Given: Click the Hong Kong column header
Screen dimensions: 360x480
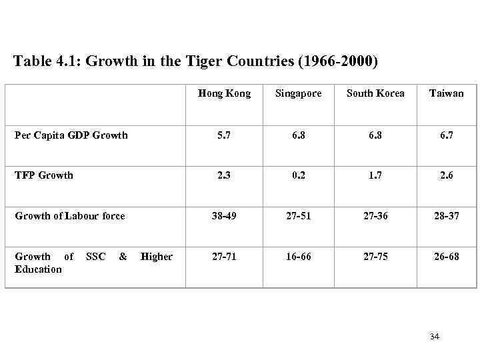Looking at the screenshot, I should point(224,93).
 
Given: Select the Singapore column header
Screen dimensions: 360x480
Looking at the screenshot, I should point(297,93).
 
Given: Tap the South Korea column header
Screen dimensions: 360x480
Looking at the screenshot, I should point(375,93).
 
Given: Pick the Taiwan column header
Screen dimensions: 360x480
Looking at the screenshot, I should point(446,93).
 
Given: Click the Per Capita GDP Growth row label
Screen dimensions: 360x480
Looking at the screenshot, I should point(71,135).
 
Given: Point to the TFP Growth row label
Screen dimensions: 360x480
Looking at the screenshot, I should point(44,175).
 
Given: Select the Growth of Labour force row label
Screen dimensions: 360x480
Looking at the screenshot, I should point(70,215).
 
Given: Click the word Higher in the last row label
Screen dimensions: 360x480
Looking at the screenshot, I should point(157,257).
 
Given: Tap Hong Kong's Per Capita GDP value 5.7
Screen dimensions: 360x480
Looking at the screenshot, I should point(224,135).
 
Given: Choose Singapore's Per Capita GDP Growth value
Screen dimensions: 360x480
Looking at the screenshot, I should point(297,135).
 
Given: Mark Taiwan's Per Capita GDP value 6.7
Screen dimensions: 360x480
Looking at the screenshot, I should point(446,135).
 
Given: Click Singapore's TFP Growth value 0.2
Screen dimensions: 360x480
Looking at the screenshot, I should point(297,175).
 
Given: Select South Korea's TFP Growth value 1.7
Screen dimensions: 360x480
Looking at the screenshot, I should point(375,175).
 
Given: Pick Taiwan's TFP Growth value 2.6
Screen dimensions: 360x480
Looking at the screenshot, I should point(446,175).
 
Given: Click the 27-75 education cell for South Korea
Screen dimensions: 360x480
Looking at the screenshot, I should point(375,257).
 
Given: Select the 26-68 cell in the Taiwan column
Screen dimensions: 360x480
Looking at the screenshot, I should point(446,257).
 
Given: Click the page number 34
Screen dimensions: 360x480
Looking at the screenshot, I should point(434,337).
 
